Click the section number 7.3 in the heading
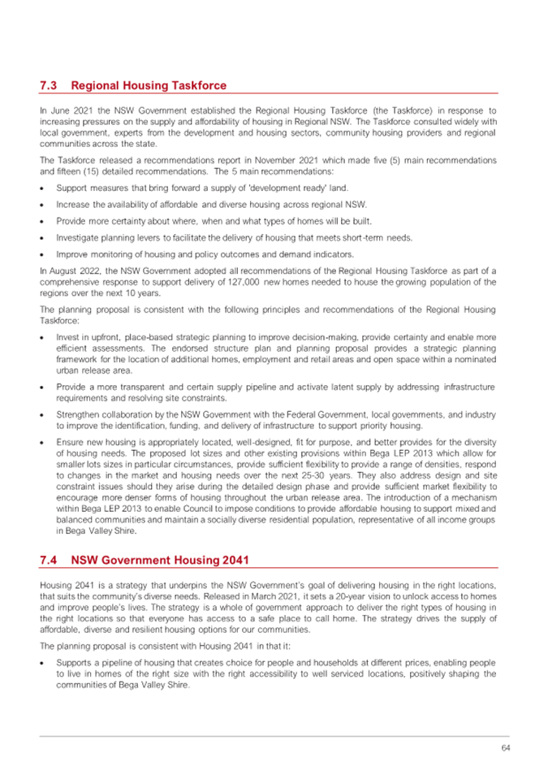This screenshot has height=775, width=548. click(x=48, y=85)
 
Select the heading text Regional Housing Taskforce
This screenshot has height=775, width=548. click(x=149, y=85)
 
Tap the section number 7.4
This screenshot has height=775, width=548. click(x=48, y=560)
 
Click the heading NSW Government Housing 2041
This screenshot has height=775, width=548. click(x=158, y=560)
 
